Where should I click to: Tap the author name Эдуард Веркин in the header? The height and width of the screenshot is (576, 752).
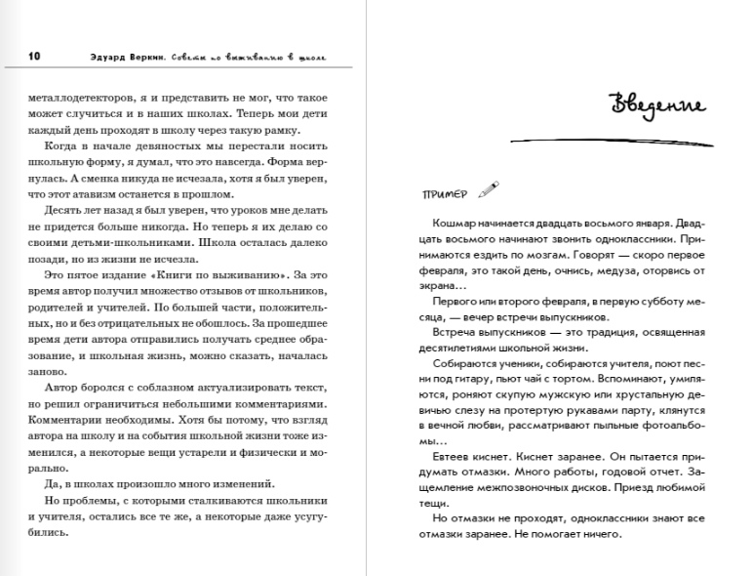point(113,57)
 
